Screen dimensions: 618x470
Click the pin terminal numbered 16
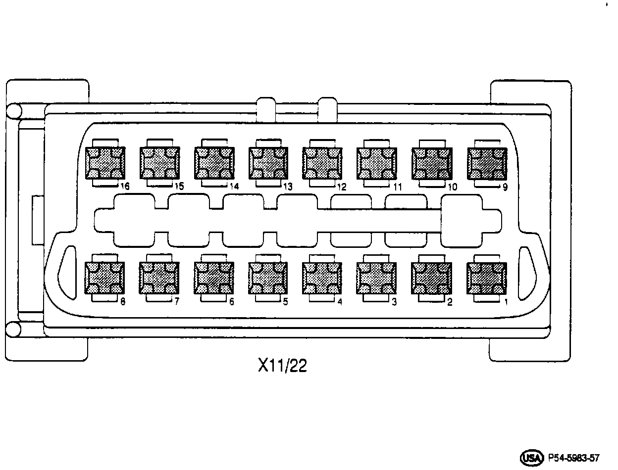click(x=105, y=163)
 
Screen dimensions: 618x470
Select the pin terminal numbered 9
click(x=487, y=163)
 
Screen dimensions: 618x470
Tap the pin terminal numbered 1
click(x=487, y=278)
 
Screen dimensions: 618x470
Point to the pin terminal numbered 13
click(x=268, y=163)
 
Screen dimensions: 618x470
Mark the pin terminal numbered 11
click(x=376, y=163)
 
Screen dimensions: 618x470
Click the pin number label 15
click(x=180, y=187)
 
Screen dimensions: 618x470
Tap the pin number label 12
click(x=342, y=187)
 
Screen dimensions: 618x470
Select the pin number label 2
click(x=450, y=302)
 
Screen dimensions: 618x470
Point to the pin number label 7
click(x=177, y=302)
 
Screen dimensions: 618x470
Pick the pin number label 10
click(x=452, y=187)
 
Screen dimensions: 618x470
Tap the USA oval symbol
click(x=530, y=457)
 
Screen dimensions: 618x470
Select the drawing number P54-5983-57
click(x=574, y=457)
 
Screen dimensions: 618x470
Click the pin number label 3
click(x=394, y=302)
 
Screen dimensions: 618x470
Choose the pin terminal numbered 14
click(x=213, y=163)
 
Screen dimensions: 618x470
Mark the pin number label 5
click(x=285, y=302)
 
